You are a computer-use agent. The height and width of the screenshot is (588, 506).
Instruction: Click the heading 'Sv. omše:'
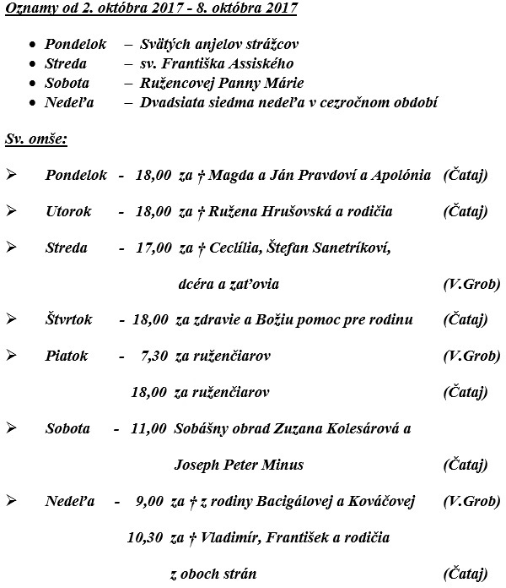36,137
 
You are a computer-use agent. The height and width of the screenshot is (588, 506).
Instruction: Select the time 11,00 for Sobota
148,428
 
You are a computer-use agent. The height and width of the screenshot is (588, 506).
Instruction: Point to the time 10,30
144,537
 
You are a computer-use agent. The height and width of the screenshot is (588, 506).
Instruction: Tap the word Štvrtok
68,319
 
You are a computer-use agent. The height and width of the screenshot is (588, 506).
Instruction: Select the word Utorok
68,211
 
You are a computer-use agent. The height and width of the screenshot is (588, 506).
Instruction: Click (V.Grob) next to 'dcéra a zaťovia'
471,284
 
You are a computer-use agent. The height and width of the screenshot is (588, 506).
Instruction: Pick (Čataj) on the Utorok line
465,211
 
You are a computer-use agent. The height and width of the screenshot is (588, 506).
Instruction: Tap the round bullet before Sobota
32,83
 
